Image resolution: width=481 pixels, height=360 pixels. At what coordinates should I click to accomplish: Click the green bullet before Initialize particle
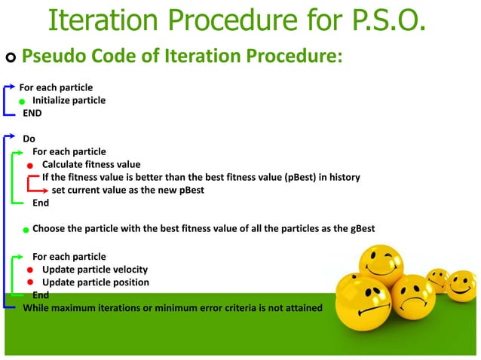(x=23, y=101)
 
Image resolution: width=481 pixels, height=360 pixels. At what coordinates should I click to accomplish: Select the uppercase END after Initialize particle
(x=32, y=114)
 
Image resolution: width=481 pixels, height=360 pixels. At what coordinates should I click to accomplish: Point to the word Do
(x=29, y=139)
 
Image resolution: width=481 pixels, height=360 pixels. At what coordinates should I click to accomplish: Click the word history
(x=342, y=178)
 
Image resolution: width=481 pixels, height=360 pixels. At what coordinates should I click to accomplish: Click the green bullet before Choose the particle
(x=25, y=229)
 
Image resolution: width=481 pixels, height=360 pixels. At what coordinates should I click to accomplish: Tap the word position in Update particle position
(x=129, y=282)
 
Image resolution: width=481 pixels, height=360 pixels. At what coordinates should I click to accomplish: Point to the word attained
(x=302, y=307)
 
